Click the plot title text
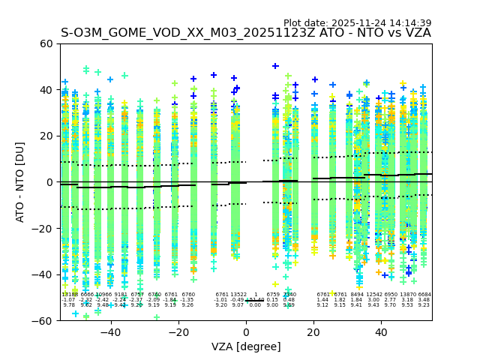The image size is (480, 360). coord(245,33)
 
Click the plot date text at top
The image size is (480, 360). coord(357,23)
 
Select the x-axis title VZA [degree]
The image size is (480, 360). coord(245,346)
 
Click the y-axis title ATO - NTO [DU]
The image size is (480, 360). coord(20,182)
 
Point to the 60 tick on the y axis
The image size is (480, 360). coord(46,43)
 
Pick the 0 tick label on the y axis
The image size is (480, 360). coord(49,182)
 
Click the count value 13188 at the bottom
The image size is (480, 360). coord(69,295)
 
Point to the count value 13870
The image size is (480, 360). coord(407,295)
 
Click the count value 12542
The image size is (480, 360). coord(373,295)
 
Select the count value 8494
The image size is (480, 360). coord(356,295)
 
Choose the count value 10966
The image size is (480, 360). coord(103,295)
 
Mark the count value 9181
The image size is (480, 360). coord(120,295)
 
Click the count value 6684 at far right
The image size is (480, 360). coord(424,295)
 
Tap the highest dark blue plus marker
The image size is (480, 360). coord(275,66)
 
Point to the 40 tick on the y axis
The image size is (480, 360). coord(46,90)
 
